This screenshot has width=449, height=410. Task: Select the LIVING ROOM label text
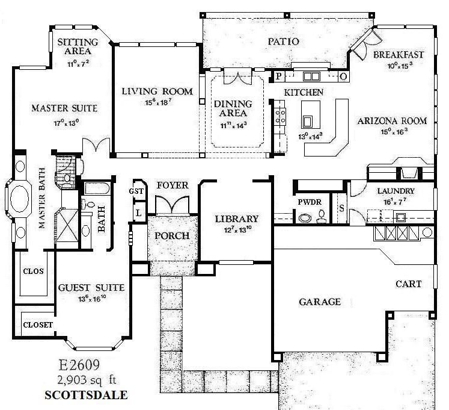[x=157, y=92]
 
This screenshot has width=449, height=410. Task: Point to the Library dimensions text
[x=237, y=229]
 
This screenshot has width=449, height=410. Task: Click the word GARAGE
[x=320, y=302]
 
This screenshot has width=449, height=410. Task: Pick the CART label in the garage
[x=408, y=284]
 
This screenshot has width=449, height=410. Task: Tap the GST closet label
[x=136, y=191]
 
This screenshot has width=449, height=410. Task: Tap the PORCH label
[x=173, y=235]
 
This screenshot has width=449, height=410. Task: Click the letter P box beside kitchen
[x=279, y=76]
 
